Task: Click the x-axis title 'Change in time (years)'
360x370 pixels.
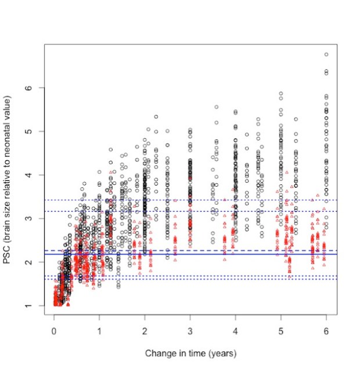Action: (x=190, y=353)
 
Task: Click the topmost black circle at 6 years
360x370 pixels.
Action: (x=326, y=55)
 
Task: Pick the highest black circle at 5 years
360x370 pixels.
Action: (x=280, y=93)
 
